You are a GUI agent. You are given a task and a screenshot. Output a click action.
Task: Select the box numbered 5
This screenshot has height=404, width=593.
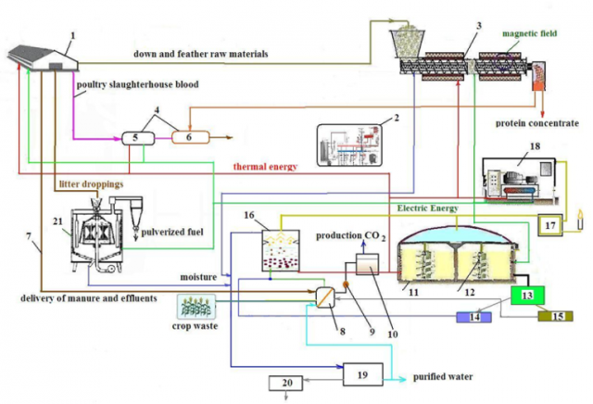click(136, 137)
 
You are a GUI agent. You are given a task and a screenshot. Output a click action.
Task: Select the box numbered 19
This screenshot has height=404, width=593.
click(362, 373)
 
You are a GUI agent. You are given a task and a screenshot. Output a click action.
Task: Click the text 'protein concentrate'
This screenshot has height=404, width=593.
click(537, 122)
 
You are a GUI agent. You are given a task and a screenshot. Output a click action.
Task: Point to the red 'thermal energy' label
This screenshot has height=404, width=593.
click(265, 167)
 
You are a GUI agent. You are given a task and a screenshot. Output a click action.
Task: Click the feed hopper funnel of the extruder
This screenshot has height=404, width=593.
click(405, 42)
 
